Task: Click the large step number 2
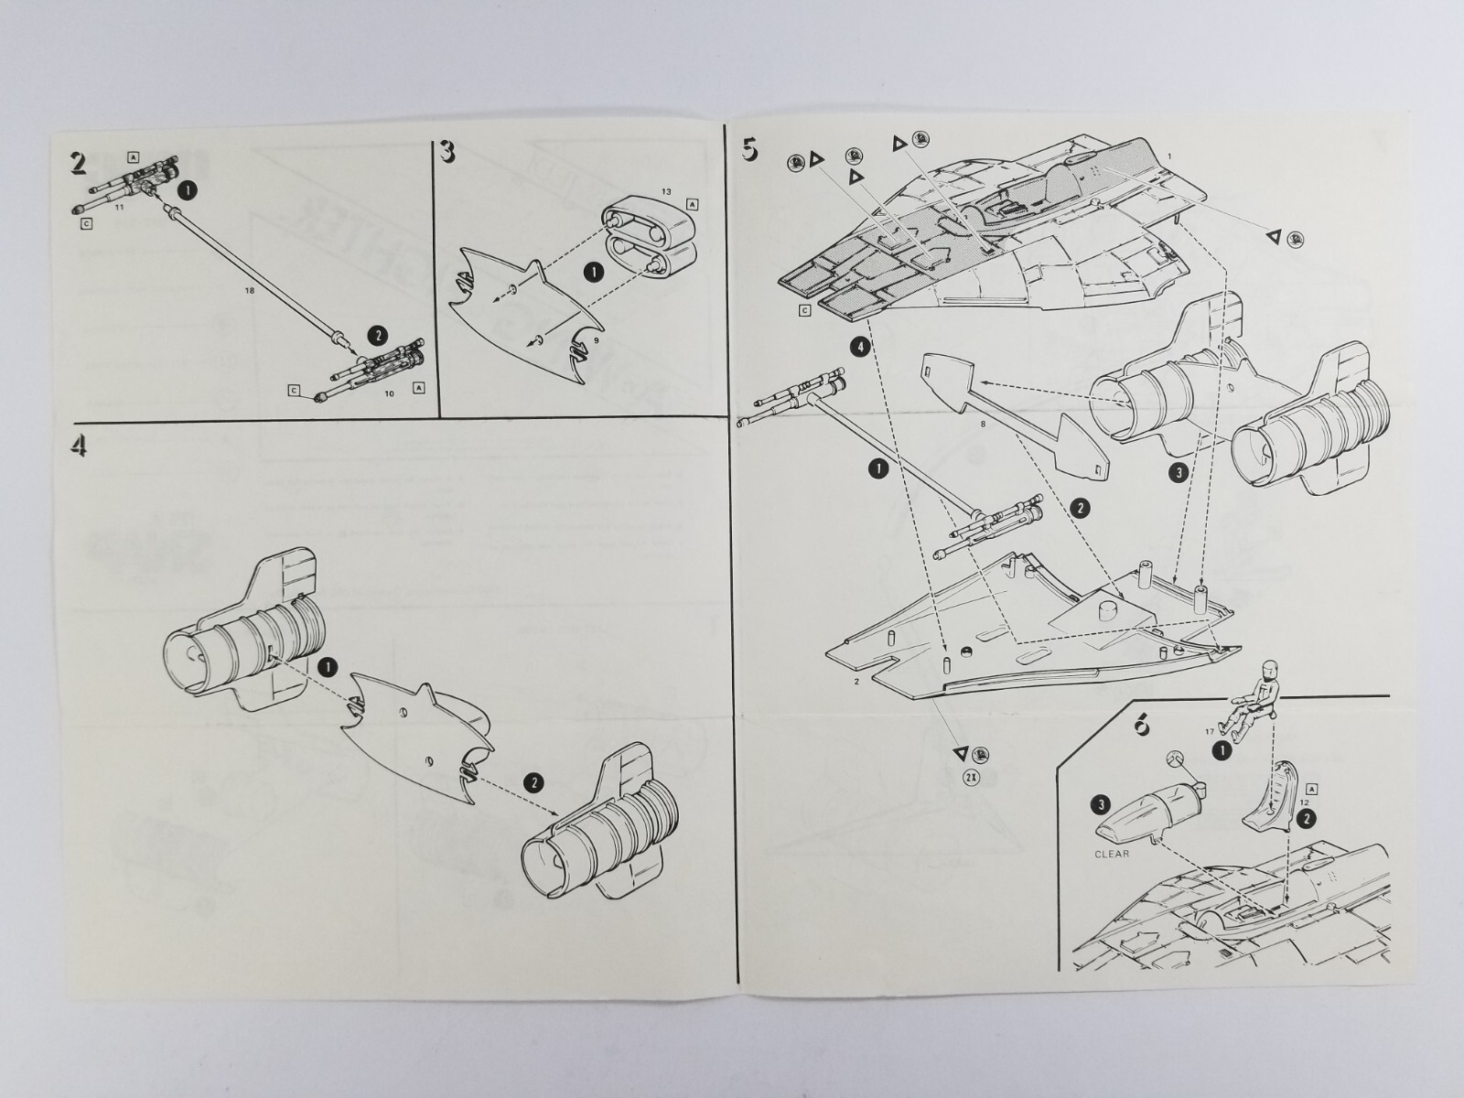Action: pos(79,162)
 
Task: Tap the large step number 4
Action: pos(79,447)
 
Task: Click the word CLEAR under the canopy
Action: pos(1113,854)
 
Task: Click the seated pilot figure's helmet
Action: pos(1267,671)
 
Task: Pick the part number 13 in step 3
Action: pos(665,191)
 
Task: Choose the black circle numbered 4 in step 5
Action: pos(858,347)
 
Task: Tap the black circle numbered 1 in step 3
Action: pos(593,273)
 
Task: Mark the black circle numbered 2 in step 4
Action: pos(533,782)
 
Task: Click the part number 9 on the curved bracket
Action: pos(596,339)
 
